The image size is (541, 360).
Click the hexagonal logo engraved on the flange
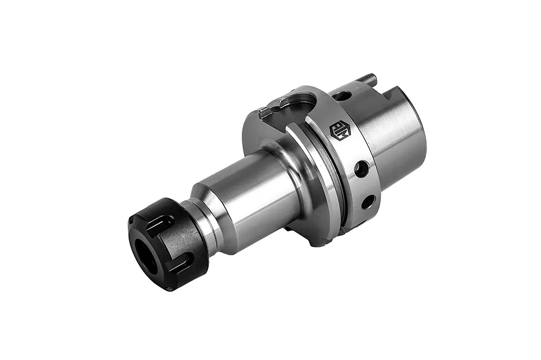tap(340, 131)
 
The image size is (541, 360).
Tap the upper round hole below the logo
tap(361, 168)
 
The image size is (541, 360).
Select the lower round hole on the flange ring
tap(368, 201)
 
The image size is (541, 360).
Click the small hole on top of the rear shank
tap(342, 96)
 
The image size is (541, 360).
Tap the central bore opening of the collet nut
tap(146, 256)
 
